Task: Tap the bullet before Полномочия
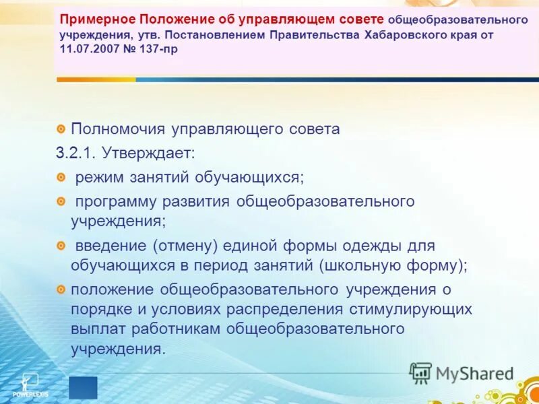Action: click(x=61, y=128)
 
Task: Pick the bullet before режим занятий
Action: click(x=61, y=177)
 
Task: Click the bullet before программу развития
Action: click(x=61, y=201)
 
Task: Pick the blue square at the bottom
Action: click(x=83, y=388)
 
